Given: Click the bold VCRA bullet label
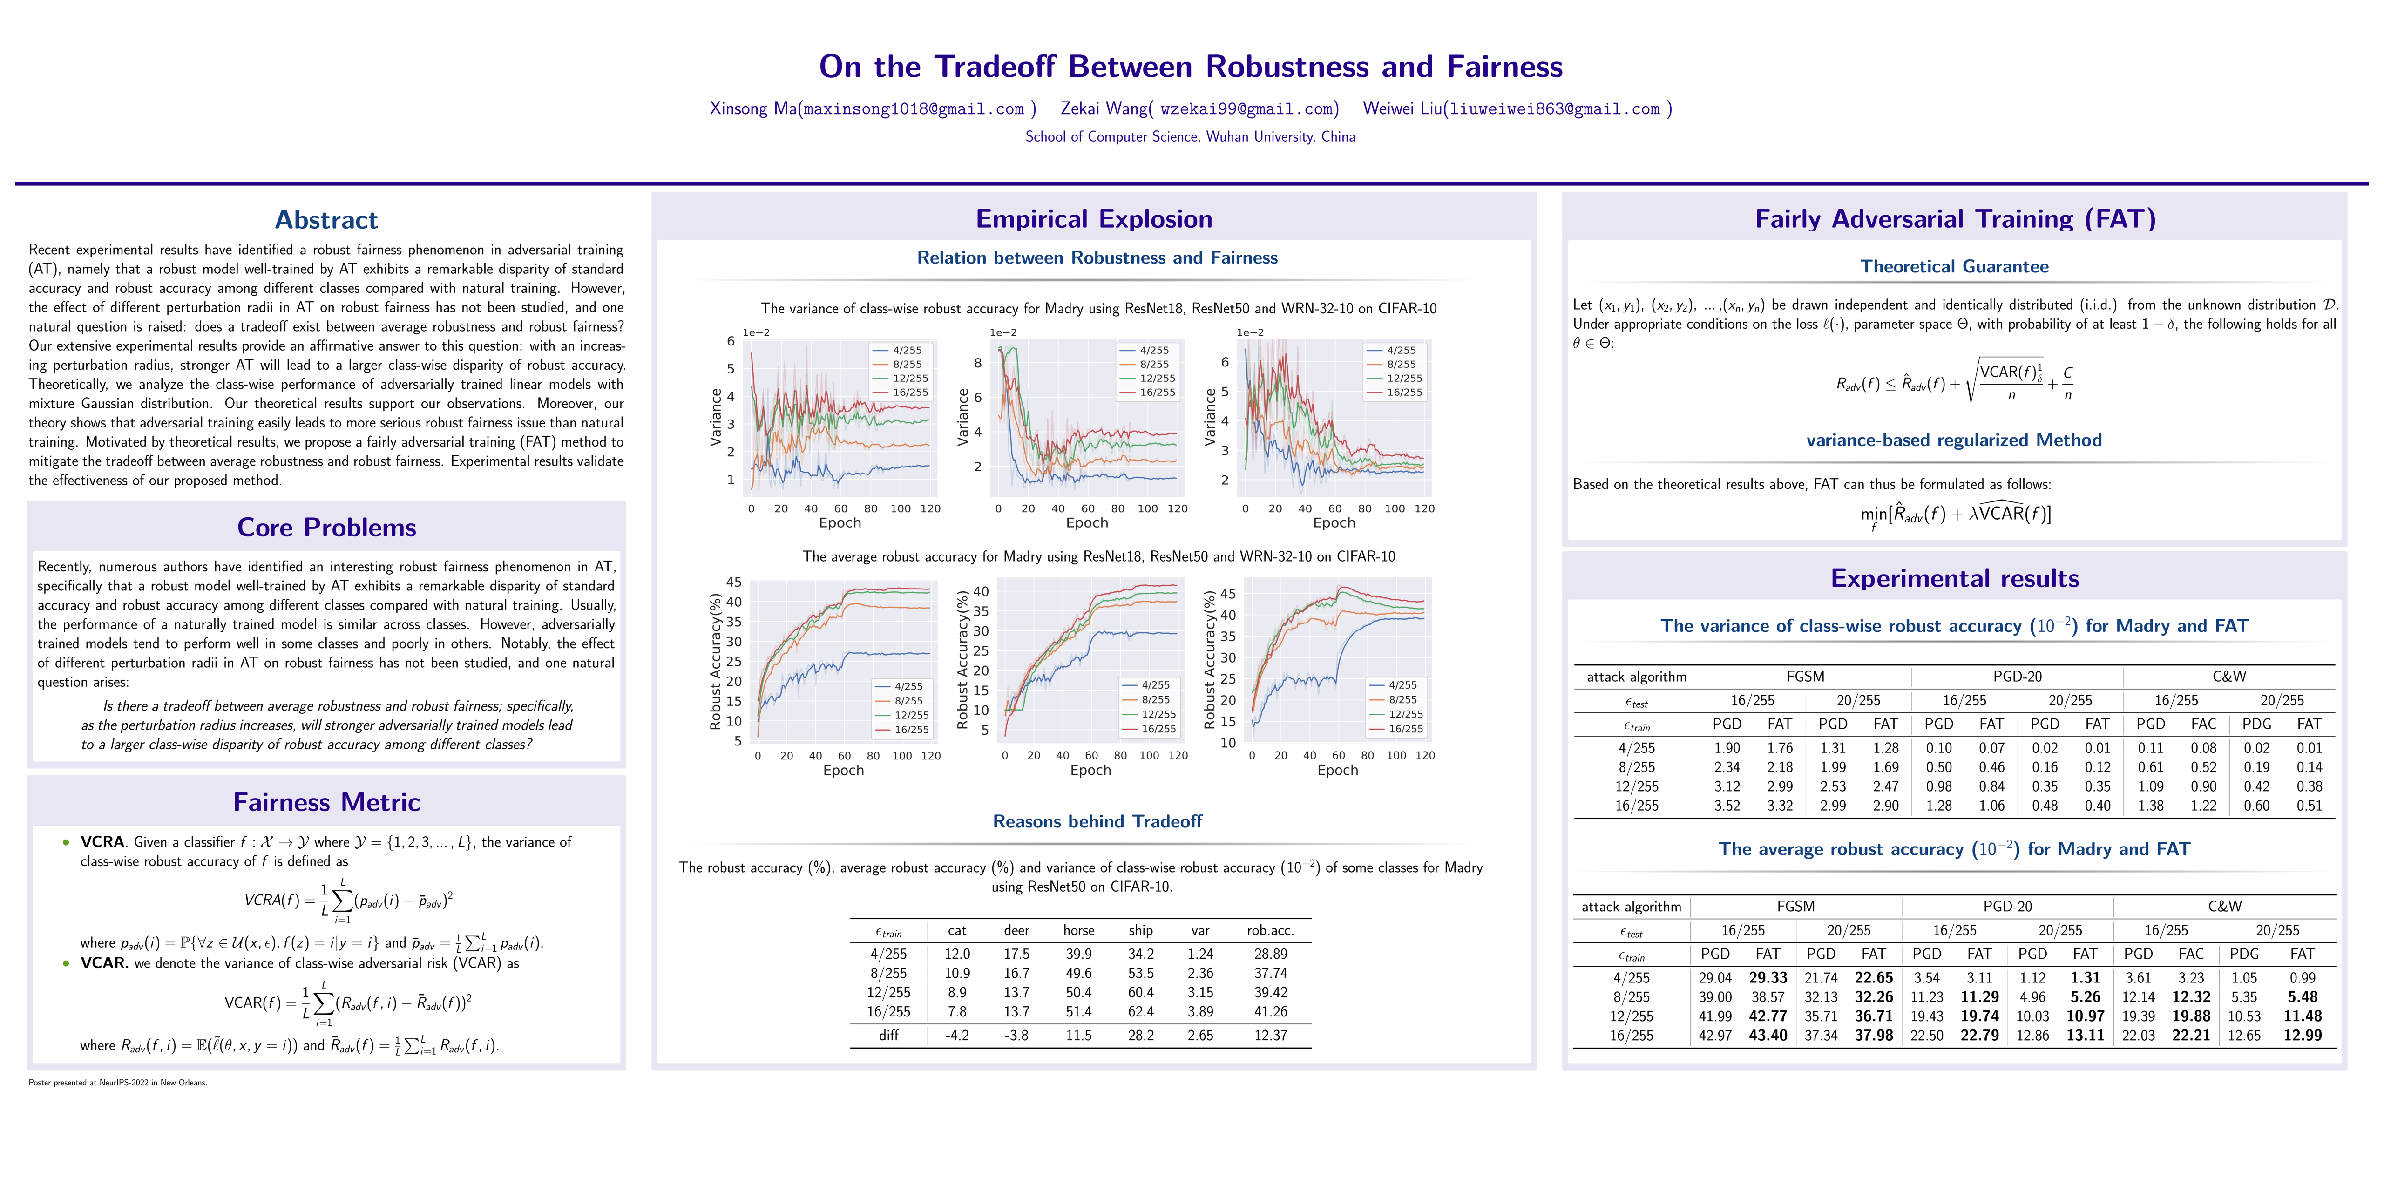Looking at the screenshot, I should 102,842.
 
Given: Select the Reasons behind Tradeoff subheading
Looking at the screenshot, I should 1097,822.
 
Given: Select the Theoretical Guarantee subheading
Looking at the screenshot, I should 1954,266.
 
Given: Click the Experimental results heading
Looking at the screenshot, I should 1954,578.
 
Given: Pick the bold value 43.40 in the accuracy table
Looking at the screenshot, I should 1768,1036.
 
